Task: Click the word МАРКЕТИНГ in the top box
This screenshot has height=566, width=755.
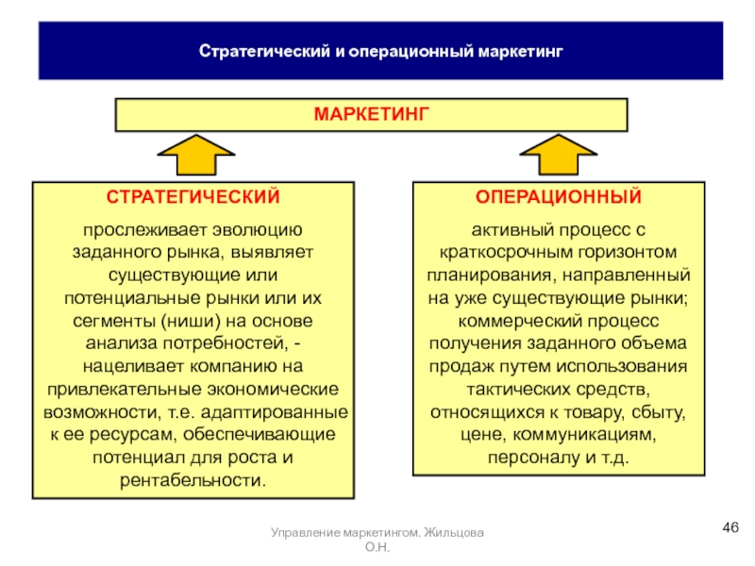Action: (x=371, y=114)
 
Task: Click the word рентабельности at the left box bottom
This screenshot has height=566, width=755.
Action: (x=193, y=480)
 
